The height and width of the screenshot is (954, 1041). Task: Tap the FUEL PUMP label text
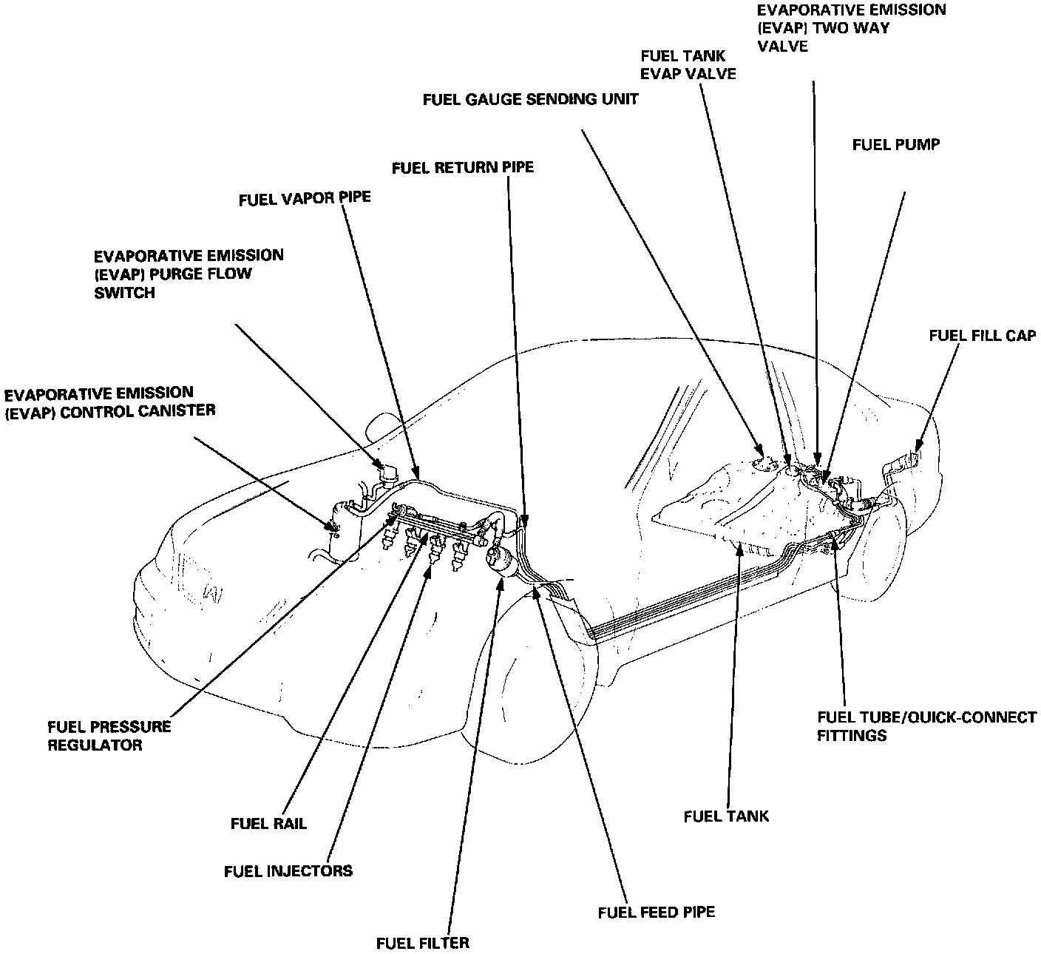(x=895, y=144)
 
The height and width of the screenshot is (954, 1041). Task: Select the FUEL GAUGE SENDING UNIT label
(x=530, y=98)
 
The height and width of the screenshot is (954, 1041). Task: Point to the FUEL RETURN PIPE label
(x=462, y=168)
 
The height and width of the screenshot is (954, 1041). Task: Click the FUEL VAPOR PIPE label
(x=304, y=200)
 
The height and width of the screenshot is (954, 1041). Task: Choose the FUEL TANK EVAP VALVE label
(x=688, y=64)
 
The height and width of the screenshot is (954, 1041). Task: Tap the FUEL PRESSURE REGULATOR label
(x=109, y=735)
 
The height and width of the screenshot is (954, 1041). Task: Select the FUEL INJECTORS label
(x=288, y=870)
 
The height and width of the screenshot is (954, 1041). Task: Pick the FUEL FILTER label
(x=422, y=943)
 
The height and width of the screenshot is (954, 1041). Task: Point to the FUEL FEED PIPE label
(x=656, y=912)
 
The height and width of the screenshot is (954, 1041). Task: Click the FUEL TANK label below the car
(x=726, y=816)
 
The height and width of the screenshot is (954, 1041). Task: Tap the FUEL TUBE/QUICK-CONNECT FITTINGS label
(x=926, y=726)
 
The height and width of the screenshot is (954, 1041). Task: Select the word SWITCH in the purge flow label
(x=125, y=293)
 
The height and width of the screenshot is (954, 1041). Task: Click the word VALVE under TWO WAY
(x=782, y=46)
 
